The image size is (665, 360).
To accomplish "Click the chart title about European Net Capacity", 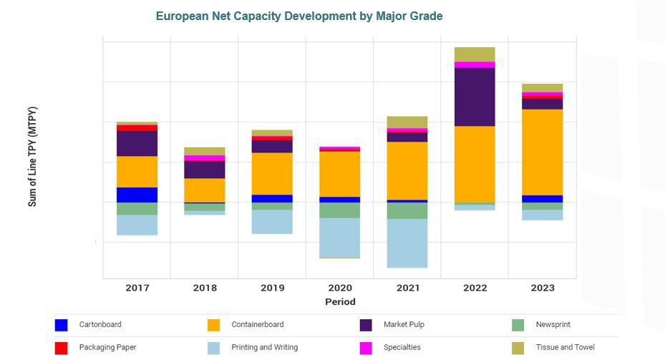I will pyautogui.click(x=299, y=16).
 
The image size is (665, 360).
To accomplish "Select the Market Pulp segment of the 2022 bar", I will pyautogui.click(x=475, y=97).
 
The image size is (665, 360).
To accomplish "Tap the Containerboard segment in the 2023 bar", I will pyautogui.click(x=542, y=152).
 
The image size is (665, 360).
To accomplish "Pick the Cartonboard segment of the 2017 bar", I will pyautogui.click(x=137, y=195).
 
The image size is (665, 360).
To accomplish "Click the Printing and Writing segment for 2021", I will pyautogui.click(x=407, y=243).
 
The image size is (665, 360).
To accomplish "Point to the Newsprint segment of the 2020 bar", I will pyautogui.click(x=340, y=210).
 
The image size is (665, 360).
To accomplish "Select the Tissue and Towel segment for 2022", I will pyautogui.click(x=475, y=54).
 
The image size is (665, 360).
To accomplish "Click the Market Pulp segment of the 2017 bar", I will pyautogui.click(x=137, y=143).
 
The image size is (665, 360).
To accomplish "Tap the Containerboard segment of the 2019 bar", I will pyautogui.click(x=272, y=173).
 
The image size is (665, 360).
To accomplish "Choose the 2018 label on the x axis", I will pyautogui.click(x=205, y=288).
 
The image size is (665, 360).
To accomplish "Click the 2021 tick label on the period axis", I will pyautogui.click(x=407, y=288).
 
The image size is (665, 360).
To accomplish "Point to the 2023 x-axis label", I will pyautogui.click(x=542, y=288).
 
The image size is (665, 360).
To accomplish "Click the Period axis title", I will pyautogui.click(x=340, y=301).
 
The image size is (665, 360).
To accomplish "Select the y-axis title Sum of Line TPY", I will pyautogui.click(x=32, y=157).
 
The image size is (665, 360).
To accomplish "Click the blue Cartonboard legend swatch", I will pyautogui.click(x=62, y=325).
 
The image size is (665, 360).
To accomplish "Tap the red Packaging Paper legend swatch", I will pyautogui.click(x=62, y=348).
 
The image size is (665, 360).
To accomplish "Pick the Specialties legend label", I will pyautogui.click(x=402, y=347).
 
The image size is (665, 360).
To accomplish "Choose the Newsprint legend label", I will pyautogui.click(x=553, y=324).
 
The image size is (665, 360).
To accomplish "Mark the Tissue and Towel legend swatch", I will pyautogui.click(x=518, y=348).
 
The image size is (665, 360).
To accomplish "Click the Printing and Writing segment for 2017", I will pyautogui.click(x=137, y=225).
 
